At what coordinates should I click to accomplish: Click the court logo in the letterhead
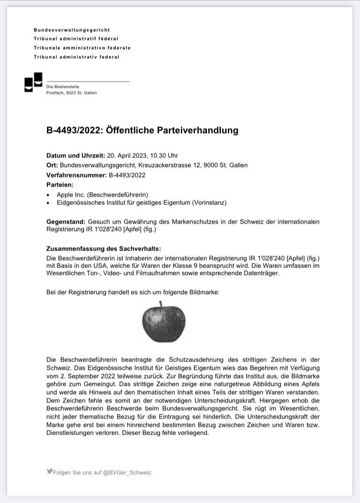[33, 82]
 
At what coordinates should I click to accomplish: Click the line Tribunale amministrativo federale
[82, 48]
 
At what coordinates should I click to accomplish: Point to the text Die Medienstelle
[63, 87]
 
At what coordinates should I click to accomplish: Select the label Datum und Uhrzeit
[76, 155]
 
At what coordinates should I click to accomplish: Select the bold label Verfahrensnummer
[76, 175]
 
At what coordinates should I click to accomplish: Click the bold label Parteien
[60, 185]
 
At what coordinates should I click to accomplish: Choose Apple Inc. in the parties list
[71, 194]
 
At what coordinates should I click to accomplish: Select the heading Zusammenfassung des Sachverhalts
[103, 249]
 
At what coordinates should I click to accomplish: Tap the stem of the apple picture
[160, 303]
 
